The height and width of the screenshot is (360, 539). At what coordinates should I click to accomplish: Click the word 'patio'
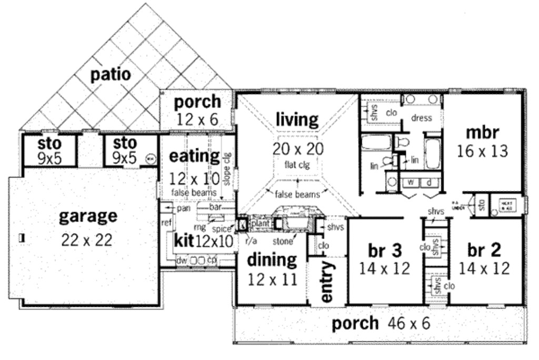click(111, 74)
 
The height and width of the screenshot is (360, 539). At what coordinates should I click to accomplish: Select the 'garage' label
click(88, 216)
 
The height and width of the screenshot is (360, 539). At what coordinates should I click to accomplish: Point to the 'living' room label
click(297, 120)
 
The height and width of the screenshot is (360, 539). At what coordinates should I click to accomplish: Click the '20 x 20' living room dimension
click(298, 149)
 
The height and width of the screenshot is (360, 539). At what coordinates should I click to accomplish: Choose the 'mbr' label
click(482, 132)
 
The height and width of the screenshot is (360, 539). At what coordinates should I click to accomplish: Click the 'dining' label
click(272, 259)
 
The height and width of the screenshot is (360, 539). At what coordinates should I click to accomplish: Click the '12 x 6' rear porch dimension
click(197, 119)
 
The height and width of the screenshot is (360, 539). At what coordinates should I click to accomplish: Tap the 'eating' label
click(194, 156)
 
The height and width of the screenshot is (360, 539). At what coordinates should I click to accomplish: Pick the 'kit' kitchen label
click(184, 242)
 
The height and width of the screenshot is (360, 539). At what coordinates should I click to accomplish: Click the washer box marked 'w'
click(412, 183)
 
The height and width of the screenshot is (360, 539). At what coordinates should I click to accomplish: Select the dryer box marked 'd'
click(429, 183)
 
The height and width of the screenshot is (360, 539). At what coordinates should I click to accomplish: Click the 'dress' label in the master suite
click(421, 118)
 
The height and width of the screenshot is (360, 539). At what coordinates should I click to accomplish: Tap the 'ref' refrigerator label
click(166, 223)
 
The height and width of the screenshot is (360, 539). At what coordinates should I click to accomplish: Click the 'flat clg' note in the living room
click(298, 165)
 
